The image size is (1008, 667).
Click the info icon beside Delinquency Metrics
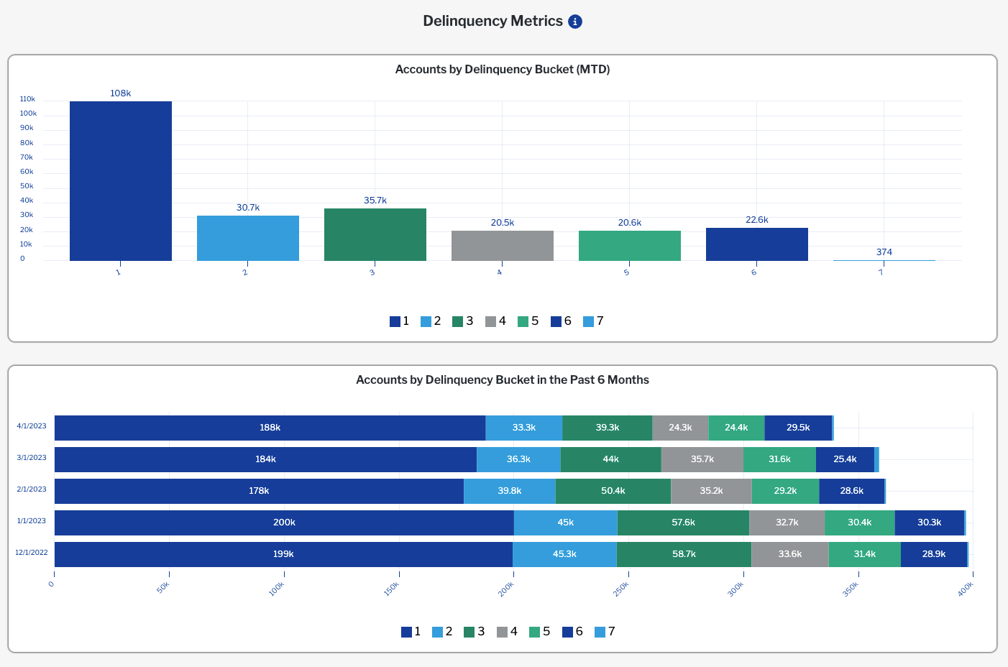(x=575, y=22)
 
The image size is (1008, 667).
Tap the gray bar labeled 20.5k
(x=503, y=246)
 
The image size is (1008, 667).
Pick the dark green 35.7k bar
(x=375, y=235)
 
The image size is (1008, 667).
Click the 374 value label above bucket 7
(x=884, y=252)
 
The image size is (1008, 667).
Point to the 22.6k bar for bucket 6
(x=757, y=244)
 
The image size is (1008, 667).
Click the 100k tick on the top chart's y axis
(x=28, y=114)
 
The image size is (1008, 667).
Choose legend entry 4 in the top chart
(x=496, y=321)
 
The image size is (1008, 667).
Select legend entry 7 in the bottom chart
(x=605, y=632)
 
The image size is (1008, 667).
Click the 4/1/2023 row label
(x=32, y=426)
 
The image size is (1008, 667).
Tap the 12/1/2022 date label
(x=32, y=553)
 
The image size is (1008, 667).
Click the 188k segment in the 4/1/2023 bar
(x=270, y=428)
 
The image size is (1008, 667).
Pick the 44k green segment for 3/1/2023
(x=610, y=459)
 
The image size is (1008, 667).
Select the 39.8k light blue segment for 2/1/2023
(x=510, y=491)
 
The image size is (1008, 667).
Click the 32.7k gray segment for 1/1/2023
(x=787, y=523)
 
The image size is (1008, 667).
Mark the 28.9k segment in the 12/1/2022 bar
(x=934, y=554)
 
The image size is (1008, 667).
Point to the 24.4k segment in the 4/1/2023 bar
(x=736, y=428)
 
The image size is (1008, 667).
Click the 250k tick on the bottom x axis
(x=621, y=586)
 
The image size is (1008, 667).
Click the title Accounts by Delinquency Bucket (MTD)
(x=503, y=70)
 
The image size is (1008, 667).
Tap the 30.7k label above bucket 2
(x=248, y=208)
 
